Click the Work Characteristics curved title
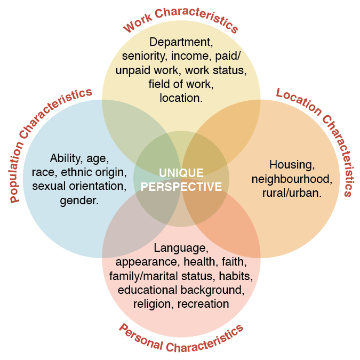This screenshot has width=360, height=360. click(x=181, y=18)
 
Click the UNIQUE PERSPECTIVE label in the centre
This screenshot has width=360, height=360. click(x=181, y=180)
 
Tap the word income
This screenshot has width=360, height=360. click(x=189, y=55)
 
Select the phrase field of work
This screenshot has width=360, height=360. click(x=181, y=84)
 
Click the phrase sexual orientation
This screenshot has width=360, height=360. click(x=79, y=186)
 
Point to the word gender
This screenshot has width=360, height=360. click(x=79, y=201)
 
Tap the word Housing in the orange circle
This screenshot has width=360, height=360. click(x=292, y=165)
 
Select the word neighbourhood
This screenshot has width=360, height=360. click(x=292, y=179)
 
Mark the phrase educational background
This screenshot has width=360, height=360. click(x=181, y=290)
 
